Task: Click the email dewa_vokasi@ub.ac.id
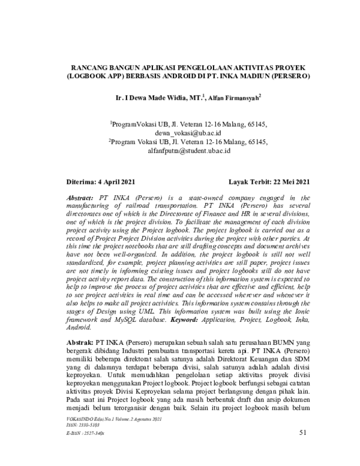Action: tap(186, 132)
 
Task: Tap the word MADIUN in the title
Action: tap(254, 77)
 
